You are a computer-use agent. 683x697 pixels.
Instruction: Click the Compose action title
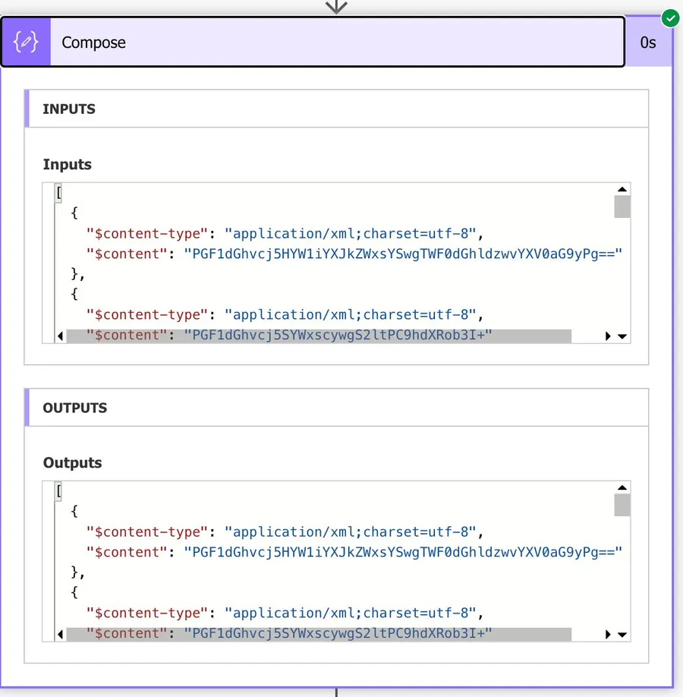(94, 43)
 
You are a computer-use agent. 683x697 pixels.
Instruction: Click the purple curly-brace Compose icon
(26, 43)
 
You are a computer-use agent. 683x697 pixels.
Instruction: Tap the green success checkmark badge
(669, 17)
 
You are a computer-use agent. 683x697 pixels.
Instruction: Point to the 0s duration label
(647, 43)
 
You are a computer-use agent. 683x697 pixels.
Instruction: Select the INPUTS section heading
(69, 109)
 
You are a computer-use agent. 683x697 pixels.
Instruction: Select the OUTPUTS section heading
(75, 408)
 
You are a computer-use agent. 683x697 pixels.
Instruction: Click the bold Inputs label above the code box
(67, 165)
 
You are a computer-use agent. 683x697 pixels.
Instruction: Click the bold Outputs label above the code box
(72, 463)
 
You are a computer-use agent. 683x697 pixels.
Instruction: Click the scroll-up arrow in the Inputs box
(622, 190)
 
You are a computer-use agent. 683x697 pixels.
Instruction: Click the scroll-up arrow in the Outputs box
(622, 488)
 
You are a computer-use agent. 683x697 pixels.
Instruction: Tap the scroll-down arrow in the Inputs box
(622, 336)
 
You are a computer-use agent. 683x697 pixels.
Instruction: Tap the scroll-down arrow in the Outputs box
(622, 635)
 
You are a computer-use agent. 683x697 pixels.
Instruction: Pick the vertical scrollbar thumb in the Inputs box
(622, 207)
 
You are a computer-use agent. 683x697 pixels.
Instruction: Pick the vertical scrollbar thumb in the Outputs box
(622, 505)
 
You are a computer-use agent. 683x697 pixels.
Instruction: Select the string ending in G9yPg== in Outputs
(403, 552)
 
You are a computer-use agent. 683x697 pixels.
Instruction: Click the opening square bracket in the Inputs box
(58, 193)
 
